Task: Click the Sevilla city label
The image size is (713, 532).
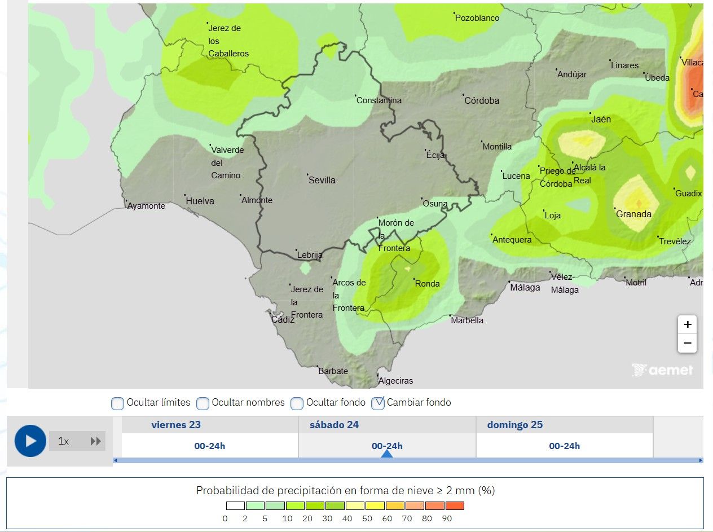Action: coord(322,180)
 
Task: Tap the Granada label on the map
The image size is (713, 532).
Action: coord(633,214)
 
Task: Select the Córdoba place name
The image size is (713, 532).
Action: coord(482,100)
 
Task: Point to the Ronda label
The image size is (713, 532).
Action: coord(427,283)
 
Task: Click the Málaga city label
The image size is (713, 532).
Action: coord(525,287)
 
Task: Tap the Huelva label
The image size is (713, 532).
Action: coord(200,201)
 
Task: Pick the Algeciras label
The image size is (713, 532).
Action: coord(395,381)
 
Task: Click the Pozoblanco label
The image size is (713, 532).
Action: coord(477,18)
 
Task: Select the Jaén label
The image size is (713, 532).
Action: coord(601,119)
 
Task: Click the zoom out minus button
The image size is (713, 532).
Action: coord(687,343)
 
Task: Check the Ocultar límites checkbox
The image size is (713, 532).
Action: coord(118,403)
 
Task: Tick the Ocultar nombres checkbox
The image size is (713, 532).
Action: coord(203,403)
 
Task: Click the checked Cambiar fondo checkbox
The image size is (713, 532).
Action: coord(378,403)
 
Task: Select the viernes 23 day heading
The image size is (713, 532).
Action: coord(176,425)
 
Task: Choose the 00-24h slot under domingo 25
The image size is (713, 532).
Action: coord(564,446)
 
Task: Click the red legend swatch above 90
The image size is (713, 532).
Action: coord(455,505)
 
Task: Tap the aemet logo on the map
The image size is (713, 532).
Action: coord(662,370)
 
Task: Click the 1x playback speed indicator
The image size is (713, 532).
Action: coord(64,441)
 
